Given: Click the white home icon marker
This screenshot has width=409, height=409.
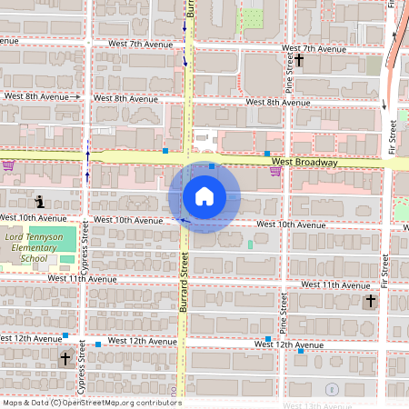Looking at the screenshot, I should pos(204,195).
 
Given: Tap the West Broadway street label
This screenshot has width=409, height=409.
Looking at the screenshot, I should pos(304,163).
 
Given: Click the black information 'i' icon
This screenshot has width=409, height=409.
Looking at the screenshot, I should pos(39,201).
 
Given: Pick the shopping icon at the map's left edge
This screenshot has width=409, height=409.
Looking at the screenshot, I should pos(8,165).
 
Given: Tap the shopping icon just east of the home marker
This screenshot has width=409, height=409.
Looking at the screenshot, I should pos(274,171).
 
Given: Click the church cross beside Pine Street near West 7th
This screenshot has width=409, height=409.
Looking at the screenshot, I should pos(298,59).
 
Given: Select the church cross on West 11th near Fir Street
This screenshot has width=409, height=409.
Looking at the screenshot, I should pos(370,301).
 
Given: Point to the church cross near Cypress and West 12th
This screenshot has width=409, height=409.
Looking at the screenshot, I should pos(65,358).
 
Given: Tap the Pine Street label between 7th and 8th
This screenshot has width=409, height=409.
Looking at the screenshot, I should pos(287,71).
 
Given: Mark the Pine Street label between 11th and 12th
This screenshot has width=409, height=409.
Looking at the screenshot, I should pos(284,313).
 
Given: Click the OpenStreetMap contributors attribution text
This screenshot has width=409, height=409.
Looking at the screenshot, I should pos(91,403).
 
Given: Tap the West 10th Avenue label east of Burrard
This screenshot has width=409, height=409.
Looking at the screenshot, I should pos(290,224).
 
